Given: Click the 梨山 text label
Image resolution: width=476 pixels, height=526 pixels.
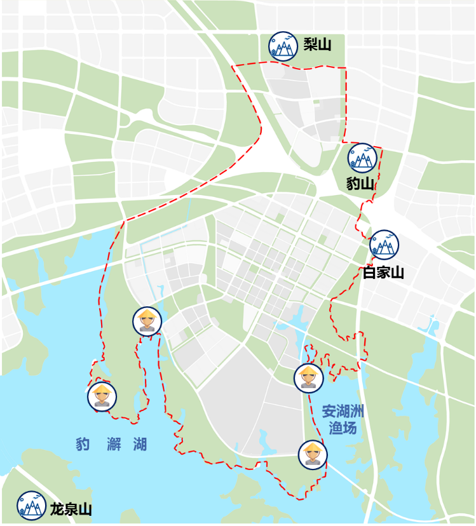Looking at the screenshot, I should (x=317, y=44).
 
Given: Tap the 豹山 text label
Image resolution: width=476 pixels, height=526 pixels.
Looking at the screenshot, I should (x=360, y=184).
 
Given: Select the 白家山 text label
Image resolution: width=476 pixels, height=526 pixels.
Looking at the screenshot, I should (x=383, y=273).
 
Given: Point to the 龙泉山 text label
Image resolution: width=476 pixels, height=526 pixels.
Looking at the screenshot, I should (x=71, y=509).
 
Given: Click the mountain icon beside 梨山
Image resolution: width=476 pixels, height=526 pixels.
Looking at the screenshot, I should (x=283, y=46).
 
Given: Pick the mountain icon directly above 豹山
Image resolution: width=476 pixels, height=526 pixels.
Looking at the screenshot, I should (x=362, y=158).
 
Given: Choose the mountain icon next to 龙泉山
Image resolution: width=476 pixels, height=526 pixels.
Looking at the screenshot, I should (x=31, y=506).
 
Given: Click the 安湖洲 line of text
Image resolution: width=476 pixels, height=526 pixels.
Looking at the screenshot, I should (x=343, y=411).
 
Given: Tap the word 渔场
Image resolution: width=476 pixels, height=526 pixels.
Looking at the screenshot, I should (x=343, y=428).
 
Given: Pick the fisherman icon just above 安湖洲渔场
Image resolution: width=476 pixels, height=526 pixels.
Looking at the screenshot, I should (x=309, y=377).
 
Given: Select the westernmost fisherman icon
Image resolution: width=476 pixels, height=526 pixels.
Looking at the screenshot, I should (x=102, y=396).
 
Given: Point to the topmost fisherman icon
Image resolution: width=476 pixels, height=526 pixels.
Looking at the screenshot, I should (x=147, y=321).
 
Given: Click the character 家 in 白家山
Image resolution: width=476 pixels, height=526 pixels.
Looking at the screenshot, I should (x=383, y=273).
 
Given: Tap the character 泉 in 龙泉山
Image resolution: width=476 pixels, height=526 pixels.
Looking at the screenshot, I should (x=71, y=509).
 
